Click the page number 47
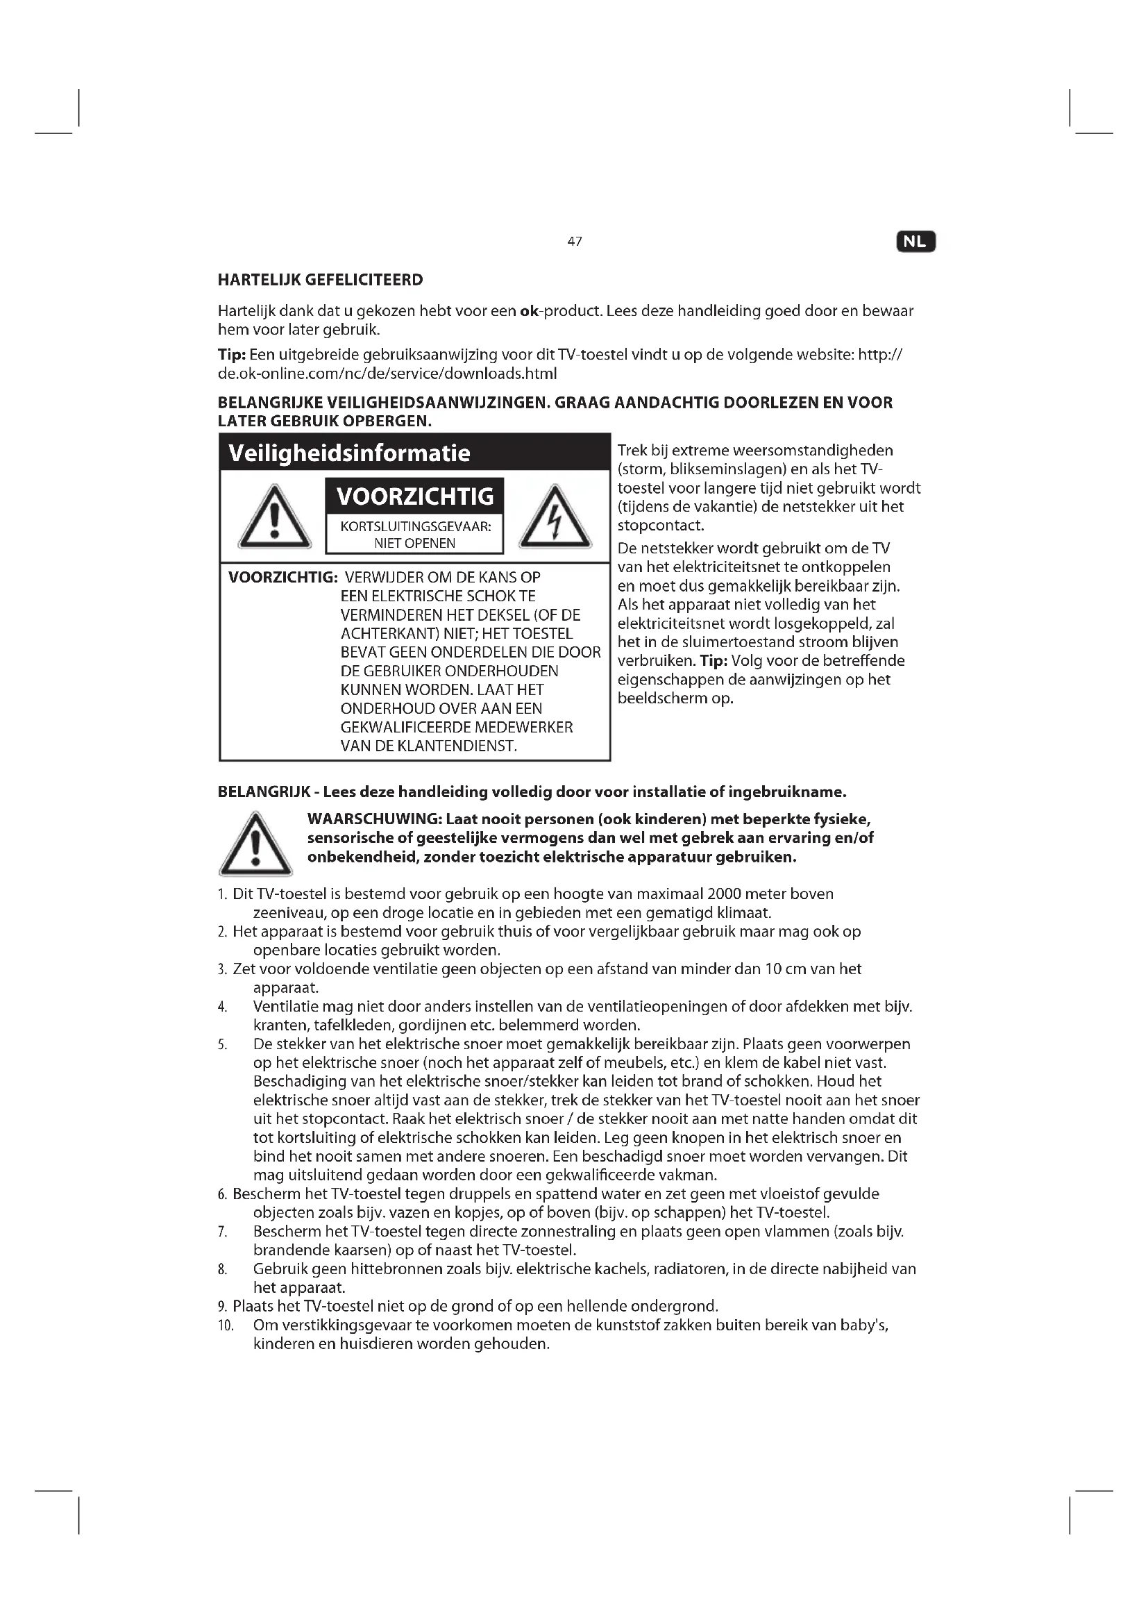(x=574, y=242)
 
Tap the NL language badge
(x=915, y=242)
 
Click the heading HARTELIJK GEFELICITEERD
(x=319, y=280)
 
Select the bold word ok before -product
(x=529, y=311)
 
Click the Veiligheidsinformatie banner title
(x=350, y=453)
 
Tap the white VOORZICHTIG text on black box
(x=415, y=496)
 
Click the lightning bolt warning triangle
(x=555, y=519)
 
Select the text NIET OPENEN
(x=415, y=543)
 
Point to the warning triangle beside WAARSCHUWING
(x=255, y=846)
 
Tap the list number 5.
(x=222, y=1045)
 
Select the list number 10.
(x=226, y=1325)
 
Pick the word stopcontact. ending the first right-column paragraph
(x=661, y=526)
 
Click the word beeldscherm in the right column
(x=665, y=699)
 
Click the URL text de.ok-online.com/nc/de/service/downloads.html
(x=387, y=374)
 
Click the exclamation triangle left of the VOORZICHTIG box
(x=274, y=519)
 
